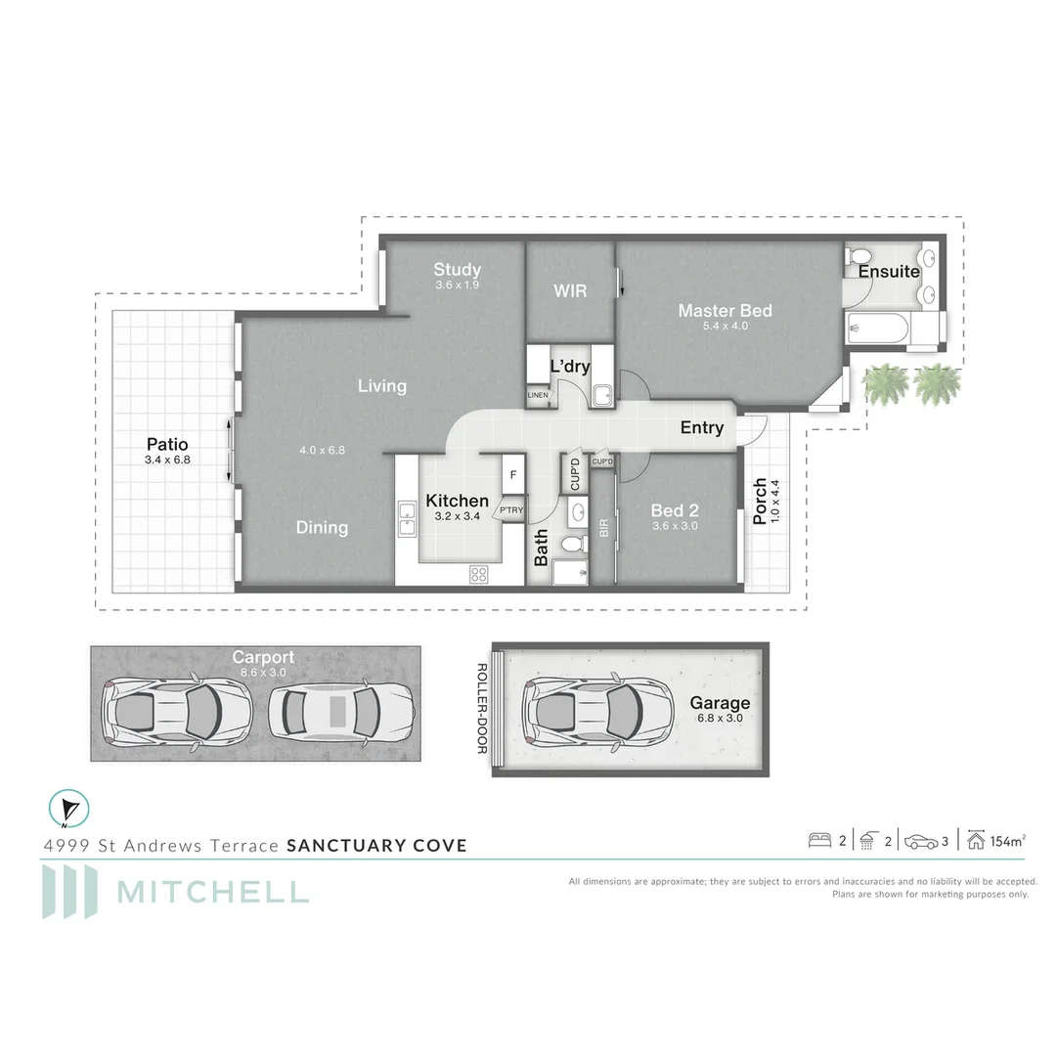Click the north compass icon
pyautogui.click(x=68, y=809)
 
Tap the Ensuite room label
pyautogui.click(x=888, y=272)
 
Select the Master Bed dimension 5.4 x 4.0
pyautogui.click(x=725, y=326)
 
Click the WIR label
pyautogui.click(x=570, y=291)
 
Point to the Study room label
pyautogui.click(x=457, y=270)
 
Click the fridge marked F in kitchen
pyautogui.click(x=513, y=474)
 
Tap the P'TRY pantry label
pyautogui.click(x=511, y=510)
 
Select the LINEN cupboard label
pyautogui.click(x=538, y=395)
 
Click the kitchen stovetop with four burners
pyautogui.click(x=479, y=575)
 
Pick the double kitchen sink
pyautogui.click(x=407, y=518)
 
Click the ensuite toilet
pyautogui.click(x=858, y=256)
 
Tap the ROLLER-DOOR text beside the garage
pyautogui.click(x=482, y=709)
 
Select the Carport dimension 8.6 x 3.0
pyautogui.click(x=263, y=673)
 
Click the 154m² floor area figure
pyautogui.click(x=1007, y=841)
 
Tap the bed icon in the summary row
pyautogui.click(x=819, y=841)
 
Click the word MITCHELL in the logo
pyautogui.click(x=213, y=893)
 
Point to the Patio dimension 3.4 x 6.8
pyautogui.click(x=167, y=460)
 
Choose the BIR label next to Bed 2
pyautogui.click(x=603, y=528)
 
